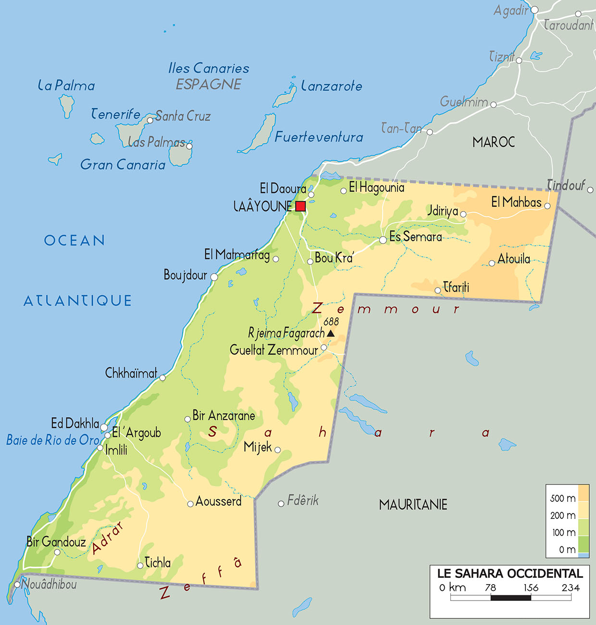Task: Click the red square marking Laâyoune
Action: (300, 206)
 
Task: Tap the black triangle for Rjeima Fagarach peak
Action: (331, 333)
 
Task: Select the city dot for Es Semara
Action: (383, 240)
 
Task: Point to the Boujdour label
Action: (185, 275)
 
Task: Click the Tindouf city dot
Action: (590, 190)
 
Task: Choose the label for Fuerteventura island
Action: (319, 137)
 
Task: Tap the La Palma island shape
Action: (67, 105)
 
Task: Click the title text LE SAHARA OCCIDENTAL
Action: (509, 574)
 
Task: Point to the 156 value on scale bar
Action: (531, 587)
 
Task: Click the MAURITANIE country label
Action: (413, 505)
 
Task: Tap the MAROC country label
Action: (494, 142)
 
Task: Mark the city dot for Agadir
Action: (534, 10)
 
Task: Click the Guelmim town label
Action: (463, 102)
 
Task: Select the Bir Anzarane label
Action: (223, 415)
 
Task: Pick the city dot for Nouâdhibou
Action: (17, 585)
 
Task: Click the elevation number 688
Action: (331, 322)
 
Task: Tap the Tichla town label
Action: (158, 562)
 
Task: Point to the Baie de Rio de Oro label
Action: (52, 440)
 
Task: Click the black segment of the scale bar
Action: (510, 598)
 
